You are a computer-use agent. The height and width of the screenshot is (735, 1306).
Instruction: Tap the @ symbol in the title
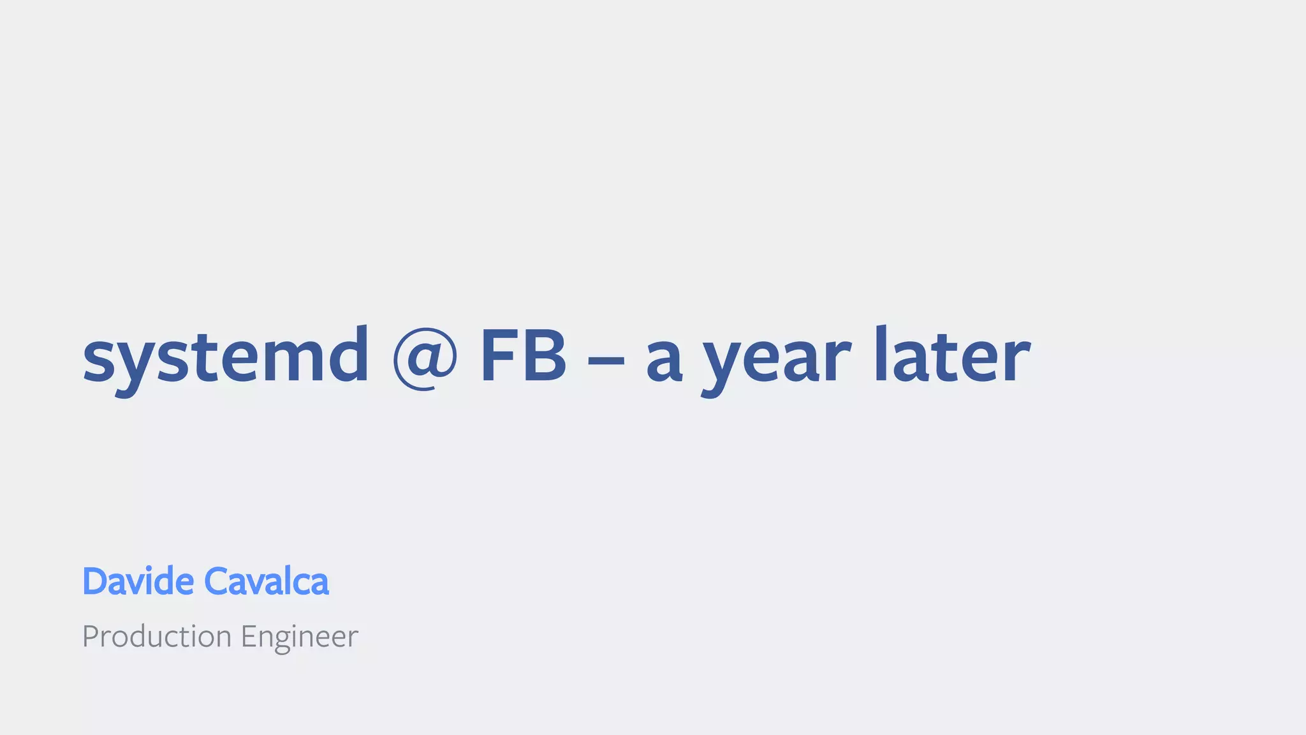pos(425,357)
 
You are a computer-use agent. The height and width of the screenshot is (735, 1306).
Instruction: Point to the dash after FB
pos(605,360)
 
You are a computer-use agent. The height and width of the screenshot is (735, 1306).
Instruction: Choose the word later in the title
pos(952,356)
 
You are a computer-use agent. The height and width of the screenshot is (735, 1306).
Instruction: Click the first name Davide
pos(138,581)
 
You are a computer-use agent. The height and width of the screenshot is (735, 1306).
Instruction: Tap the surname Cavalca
pos(266,581)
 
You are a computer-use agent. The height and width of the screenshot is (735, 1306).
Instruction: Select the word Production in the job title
pos(157,637)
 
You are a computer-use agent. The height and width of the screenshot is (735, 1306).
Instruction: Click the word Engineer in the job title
pos(299,637)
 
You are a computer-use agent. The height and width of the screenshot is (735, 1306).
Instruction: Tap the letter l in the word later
pos(881,355)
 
